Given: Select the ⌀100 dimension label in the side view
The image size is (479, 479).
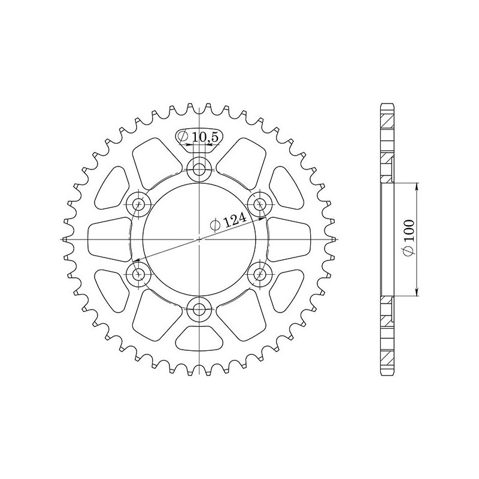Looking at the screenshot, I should (409, 239).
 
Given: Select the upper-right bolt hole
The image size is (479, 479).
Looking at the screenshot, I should (259, 205).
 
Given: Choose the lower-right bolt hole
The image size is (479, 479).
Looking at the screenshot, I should (259, 275).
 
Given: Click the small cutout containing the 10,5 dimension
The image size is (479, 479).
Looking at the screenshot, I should (199, 137).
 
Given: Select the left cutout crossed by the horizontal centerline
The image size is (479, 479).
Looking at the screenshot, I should (108, 239).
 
